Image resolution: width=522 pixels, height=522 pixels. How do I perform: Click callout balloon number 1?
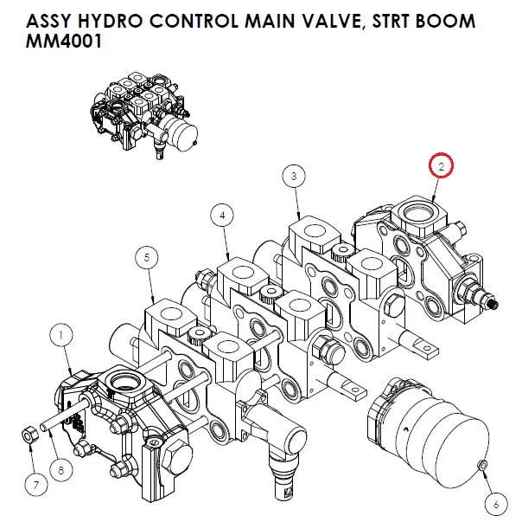(x=62, y=332)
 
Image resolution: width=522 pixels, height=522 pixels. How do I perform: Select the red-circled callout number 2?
(x=440, y=164)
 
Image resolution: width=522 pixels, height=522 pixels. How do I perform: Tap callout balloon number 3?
(x=294, y=177)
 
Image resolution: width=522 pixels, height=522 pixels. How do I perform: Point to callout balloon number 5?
(x=148, y=257)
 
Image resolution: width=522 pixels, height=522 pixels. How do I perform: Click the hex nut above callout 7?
(x=28, y=433)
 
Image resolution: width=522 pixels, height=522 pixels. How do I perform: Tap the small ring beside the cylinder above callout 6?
(x=481, y=467)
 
